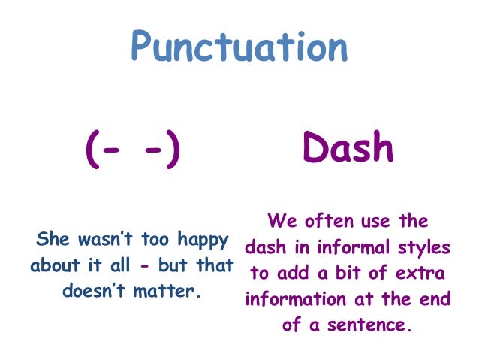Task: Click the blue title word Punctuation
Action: [x=239, y=47]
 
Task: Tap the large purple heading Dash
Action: [x=348, y=149]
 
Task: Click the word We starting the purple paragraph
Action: [x=279, y=222]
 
